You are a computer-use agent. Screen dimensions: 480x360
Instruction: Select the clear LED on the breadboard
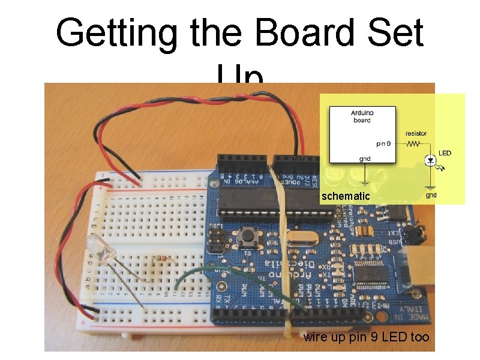point(95,246)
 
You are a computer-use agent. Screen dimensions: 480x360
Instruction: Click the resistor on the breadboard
point(161,259)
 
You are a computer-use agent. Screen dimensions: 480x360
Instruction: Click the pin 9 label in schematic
point(384,143)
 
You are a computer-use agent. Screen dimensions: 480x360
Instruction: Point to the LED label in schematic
point(445,153)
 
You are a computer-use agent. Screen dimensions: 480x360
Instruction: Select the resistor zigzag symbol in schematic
point(413,143)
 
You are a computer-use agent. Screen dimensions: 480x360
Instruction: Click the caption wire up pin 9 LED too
point(366,337)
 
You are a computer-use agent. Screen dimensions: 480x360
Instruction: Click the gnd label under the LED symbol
point(431,195)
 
